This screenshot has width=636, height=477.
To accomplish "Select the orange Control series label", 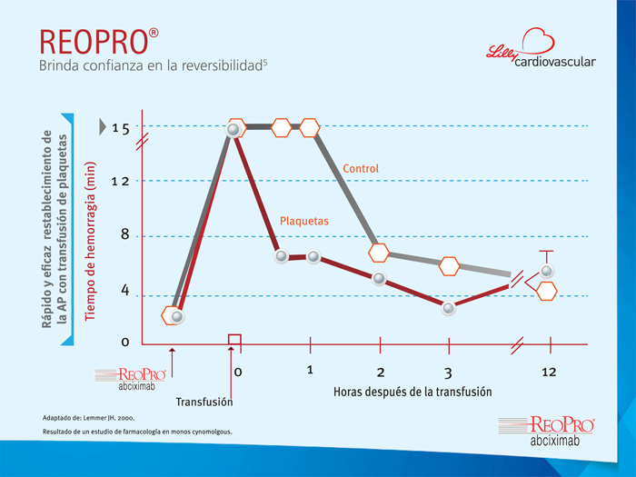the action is click(x=361, y=168).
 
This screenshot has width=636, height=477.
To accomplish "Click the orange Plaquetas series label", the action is click(x=304, y=221).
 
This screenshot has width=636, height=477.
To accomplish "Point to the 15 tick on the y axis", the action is click(x=121, y=129).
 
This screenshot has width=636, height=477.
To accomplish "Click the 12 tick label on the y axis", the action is click(x=121, y=182).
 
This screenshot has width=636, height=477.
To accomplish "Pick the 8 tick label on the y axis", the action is click(x=125, y=234).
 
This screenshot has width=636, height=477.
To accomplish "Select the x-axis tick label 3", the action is click(x=448, y=373).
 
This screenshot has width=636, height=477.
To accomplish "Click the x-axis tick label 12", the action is click(x=549, y=372).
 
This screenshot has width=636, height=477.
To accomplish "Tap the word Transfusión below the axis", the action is click(x=204, y=402).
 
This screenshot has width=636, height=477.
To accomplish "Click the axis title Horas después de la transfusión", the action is click(x=412, y=392).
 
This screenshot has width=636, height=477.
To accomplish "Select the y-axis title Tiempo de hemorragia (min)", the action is click(x=91, y=242).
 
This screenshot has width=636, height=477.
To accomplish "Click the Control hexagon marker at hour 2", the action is click(x=379, y=253).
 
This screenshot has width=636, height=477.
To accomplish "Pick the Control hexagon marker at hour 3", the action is click(x=449, y=266).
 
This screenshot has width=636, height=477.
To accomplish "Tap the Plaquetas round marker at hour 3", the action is click(x=448, y=308).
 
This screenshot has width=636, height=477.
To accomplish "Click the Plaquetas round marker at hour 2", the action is click(x=379, y=278).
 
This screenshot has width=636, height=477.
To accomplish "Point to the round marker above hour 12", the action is click(x=547, y=271).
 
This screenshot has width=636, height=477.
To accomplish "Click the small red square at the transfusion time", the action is click(x=234, y=340).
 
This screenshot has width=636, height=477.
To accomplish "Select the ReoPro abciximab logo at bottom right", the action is click(x=547, y=431).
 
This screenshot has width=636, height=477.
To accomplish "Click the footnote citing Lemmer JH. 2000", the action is click(x=89, y=418).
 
